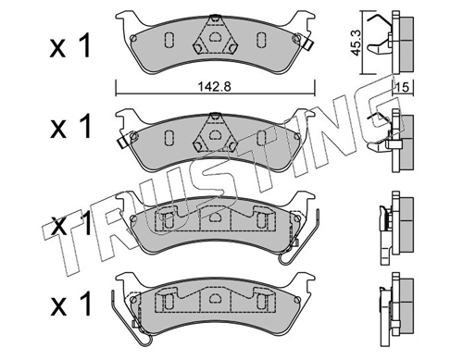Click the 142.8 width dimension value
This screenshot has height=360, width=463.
214,87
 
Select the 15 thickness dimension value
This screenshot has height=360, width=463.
403,87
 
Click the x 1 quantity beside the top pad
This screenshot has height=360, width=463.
70,46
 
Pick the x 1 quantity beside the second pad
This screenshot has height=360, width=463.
70,126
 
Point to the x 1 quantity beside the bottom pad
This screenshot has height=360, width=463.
70,304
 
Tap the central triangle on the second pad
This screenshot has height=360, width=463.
215,133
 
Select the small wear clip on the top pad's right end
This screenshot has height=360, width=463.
307,44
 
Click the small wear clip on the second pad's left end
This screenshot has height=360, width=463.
123,142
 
